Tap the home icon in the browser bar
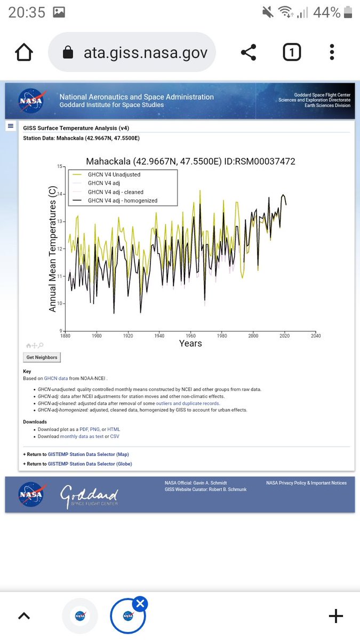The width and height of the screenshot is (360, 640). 24,52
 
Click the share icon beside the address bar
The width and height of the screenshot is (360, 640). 248,52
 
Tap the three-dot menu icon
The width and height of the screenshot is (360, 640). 332,52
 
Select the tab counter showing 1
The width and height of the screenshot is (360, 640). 291,52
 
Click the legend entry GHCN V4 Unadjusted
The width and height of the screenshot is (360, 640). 114,174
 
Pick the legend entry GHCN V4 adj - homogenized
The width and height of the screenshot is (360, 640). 122,201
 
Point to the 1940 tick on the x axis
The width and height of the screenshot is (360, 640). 159,336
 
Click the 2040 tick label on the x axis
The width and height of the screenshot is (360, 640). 316,336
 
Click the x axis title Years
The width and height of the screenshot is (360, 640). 190,343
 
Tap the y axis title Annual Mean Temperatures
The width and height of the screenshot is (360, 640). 53,249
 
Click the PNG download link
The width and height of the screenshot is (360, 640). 95,429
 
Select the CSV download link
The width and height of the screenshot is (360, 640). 115,436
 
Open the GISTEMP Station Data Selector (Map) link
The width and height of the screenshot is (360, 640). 88,454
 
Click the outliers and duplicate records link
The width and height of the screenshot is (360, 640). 187,403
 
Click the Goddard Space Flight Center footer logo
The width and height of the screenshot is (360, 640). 89,496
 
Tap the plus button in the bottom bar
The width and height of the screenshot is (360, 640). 335,617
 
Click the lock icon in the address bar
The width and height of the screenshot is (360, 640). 68,52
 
